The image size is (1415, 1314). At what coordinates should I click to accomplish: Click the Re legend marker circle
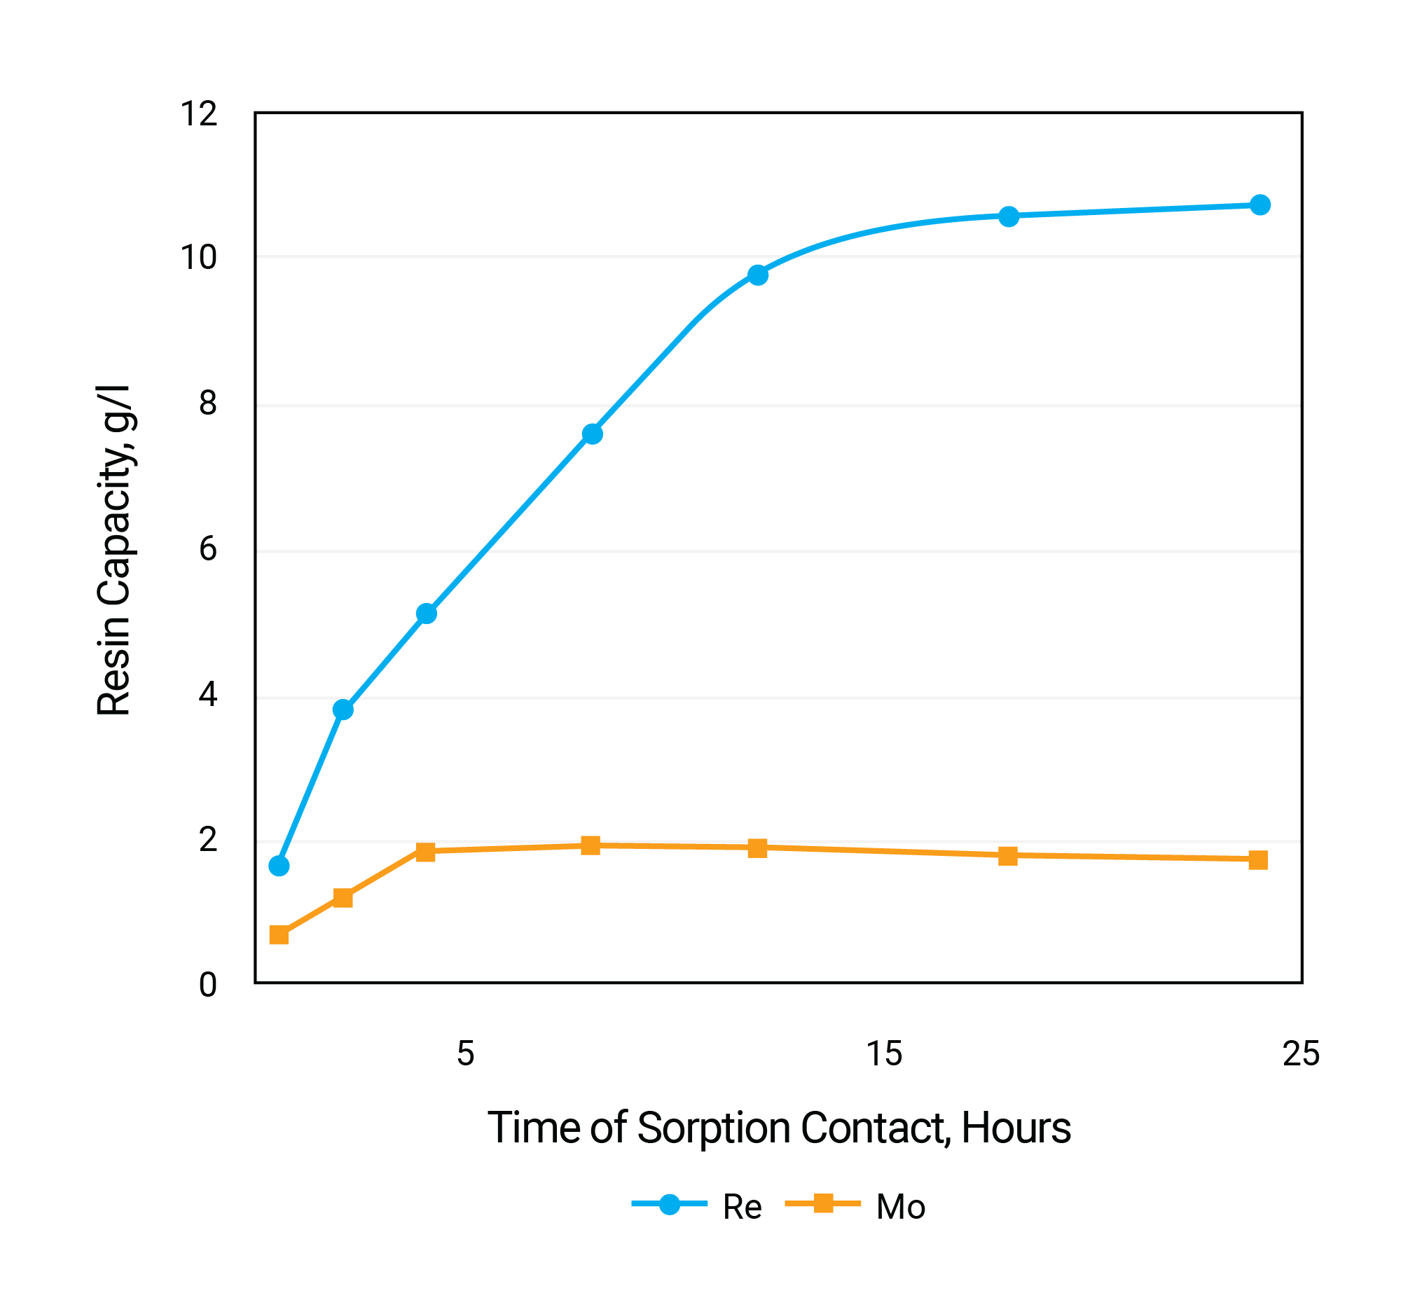point(669,1205)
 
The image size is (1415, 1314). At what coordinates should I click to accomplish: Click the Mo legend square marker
point(823,1204)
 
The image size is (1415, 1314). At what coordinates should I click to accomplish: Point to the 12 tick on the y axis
point(198,113)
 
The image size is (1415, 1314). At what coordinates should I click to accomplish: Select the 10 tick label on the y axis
point(198,257)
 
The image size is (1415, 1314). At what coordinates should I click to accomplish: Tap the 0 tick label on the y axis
point(207,986)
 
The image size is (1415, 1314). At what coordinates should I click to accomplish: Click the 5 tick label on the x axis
point(465,1053)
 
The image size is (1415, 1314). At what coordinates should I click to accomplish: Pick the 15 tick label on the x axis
point(884,1053)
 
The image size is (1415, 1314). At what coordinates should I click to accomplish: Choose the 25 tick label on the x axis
point(1302,1053)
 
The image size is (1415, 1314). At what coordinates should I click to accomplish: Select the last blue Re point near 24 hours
point(1260,205)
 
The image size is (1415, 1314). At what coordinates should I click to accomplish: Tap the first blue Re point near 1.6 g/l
point(279,866)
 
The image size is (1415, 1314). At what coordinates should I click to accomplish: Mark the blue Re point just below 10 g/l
point(758,275)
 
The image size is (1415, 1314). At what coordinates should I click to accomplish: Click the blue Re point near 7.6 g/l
point(593,434)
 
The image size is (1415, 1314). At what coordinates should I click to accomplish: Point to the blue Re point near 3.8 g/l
point(343,710)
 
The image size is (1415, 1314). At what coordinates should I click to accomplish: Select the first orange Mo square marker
point(279,934)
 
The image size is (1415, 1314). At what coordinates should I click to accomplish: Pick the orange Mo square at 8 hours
point(591,845)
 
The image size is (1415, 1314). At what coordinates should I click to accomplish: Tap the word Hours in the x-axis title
point(1016,1128)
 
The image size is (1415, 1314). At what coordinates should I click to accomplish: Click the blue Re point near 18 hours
point(1008,216)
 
